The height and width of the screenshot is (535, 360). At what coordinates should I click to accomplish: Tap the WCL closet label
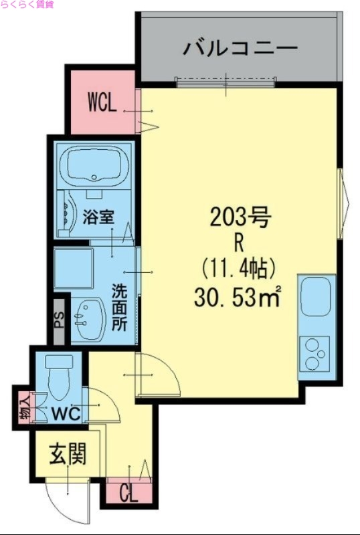[x=103, y=103]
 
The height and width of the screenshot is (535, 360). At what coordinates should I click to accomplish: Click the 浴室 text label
[x=98, y=217]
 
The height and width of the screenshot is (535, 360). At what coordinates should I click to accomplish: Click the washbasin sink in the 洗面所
[x=87, y=319]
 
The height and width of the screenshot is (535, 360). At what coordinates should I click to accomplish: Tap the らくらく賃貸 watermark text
[x=27, y=5]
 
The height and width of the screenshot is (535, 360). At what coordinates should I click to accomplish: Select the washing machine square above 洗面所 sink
[x=74, y=269]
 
